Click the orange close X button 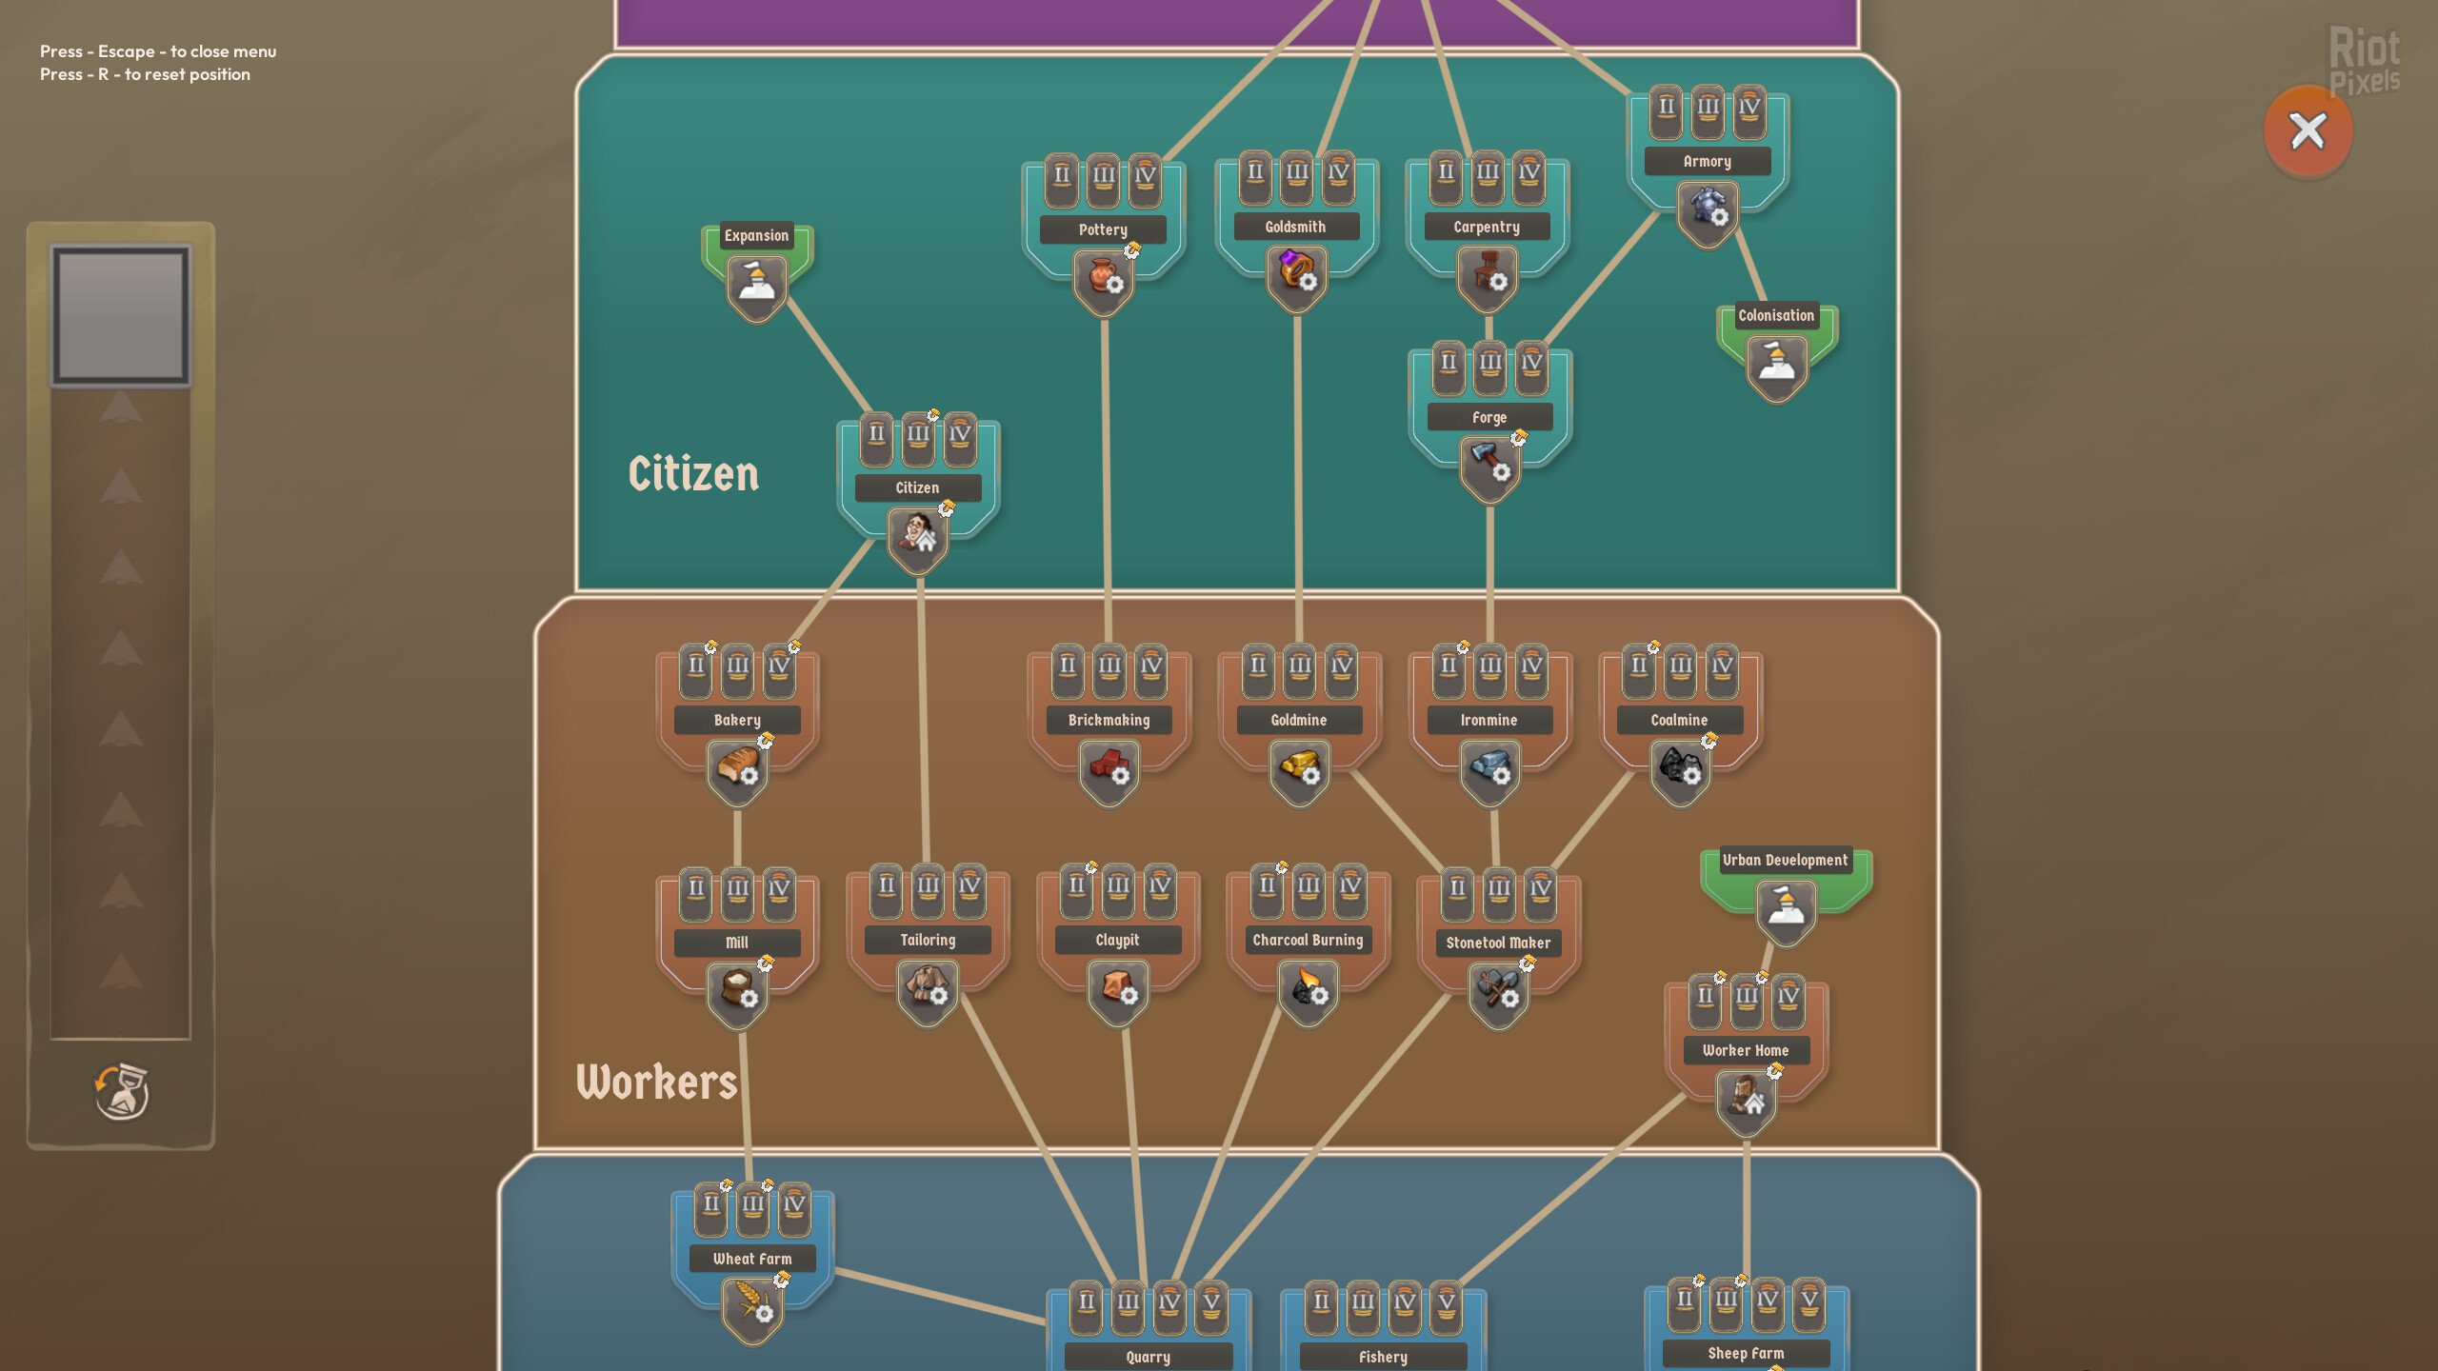[x=2308, y=131]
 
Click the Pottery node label [x=1103, y=229]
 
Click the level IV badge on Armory [x=1749, y=108]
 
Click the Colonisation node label [x=1776, y=315]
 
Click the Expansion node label [x=756, y=235]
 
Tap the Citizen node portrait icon [x=918, y=535]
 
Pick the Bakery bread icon [x=737, y=767]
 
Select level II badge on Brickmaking [x=1068, y=666]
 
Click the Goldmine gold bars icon [x=1299, y=767]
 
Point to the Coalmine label [x=1679, y=720]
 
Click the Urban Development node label [x=1785, y=860]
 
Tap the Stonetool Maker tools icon [x=1498, y=990]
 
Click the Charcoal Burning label [x=1308, y=940]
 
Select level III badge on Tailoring [x=928, y=886]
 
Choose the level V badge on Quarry [x=1210, y=1302]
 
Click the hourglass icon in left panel [x=122, y=1092]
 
